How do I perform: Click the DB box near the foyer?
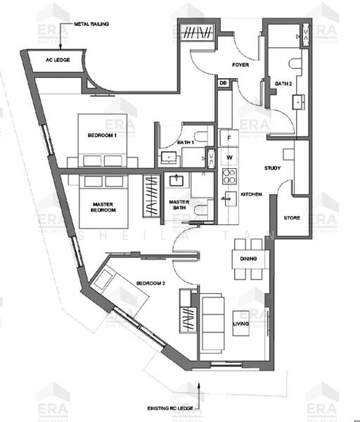(223, 83)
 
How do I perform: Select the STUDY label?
(272, 169)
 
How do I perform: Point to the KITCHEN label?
(251, 193)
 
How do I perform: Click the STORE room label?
(292, 218)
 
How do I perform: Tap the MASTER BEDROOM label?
(103, 207)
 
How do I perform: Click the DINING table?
(247, 259)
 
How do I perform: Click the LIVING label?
(242, 324)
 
